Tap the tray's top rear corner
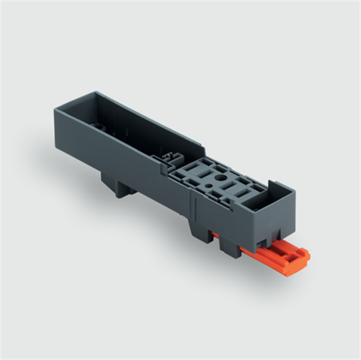pyautogui.click(x=95, y=94)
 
